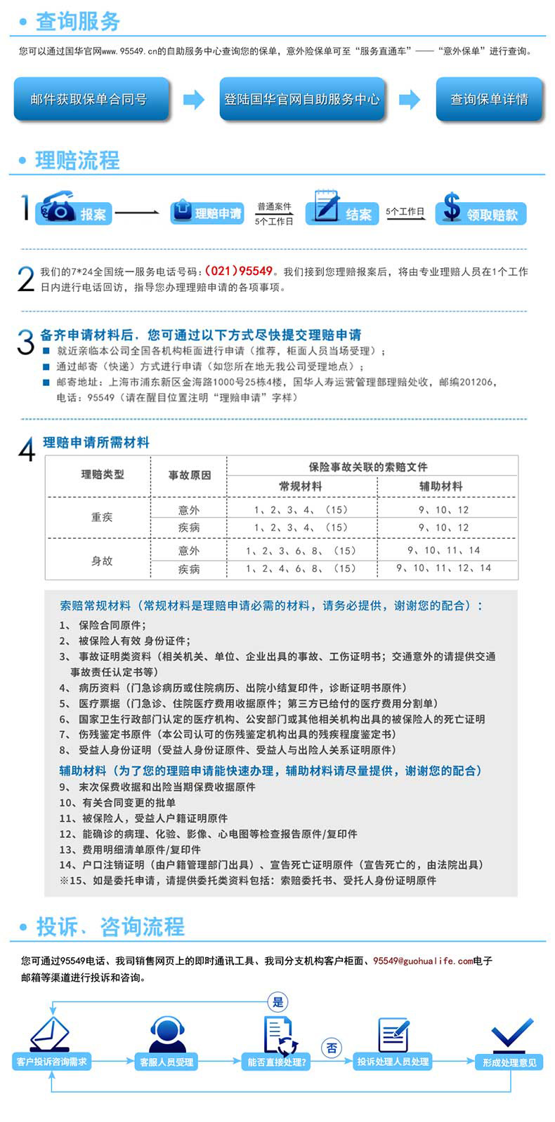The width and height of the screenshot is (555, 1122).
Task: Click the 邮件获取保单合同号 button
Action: (x=90, y=99)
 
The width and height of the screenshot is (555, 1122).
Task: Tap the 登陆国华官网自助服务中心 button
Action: (x=301, y=99)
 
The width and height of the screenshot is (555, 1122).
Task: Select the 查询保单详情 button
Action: (x=489, y=99)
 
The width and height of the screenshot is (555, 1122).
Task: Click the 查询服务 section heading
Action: (x=77, y=22)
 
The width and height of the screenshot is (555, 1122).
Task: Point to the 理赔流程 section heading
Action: (x=77, y=161)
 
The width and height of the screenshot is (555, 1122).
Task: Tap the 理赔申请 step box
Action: (x=208, y=213)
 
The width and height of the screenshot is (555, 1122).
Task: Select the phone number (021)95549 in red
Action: (x=238, y=271)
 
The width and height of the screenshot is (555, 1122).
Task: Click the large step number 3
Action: (x=25, y=342)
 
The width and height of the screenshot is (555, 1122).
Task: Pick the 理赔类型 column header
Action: (x=103, y=474)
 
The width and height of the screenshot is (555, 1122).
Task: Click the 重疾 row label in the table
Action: (x=102, y=517)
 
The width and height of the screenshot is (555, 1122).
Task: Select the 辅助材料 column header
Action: (x=440, y=486)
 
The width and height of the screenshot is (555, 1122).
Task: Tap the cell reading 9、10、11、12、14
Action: (x=443, y=568)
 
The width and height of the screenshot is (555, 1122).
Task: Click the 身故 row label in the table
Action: (x=102, y=561)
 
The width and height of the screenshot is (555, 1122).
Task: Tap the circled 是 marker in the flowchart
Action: (x=278, y=1002)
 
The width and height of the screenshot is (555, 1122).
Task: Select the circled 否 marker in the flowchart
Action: (x=332, y=1048)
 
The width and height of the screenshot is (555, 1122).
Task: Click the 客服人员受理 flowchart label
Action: (x=166, y=1062)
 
